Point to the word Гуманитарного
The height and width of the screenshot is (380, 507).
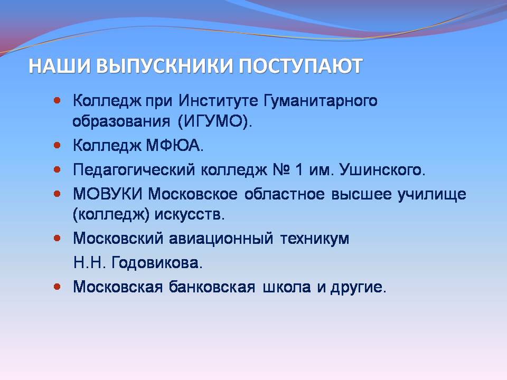[321, 101]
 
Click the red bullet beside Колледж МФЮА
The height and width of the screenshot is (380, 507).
[57, 146]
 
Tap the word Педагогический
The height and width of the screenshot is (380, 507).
[134, 169]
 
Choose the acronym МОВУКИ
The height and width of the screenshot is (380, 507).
[108, 194]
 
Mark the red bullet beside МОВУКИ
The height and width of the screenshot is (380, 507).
[57, 194]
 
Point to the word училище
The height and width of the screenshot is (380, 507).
[431, 195]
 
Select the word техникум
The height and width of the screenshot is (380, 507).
[315, 239]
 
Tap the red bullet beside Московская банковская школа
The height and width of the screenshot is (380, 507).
[57, 287]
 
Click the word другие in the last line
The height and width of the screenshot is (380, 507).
[359, 288]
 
